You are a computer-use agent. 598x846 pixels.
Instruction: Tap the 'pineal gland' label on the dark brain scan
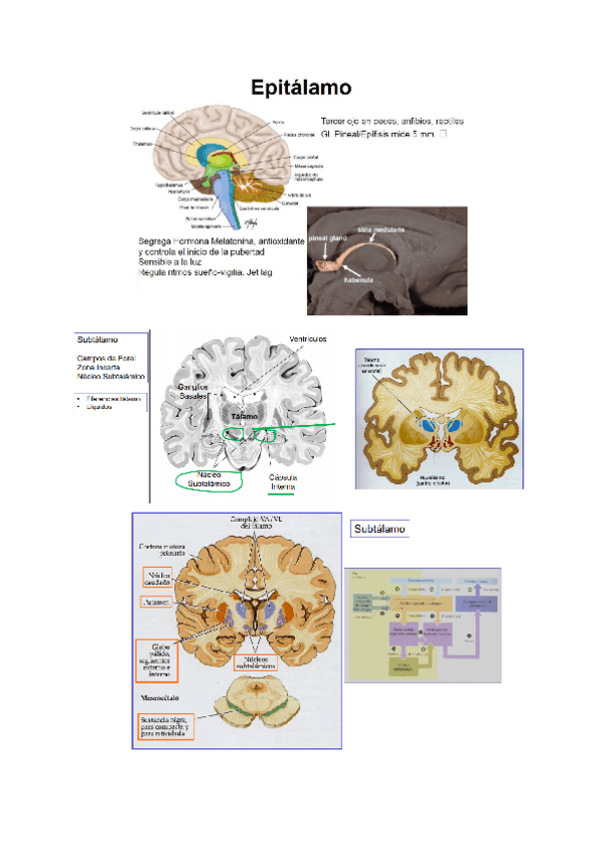pyautogui.click(x=328, y=240)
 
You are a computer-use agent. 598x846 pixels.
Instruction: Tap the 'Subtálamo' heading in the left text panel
pyautogui.click(x=97, y=339)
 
